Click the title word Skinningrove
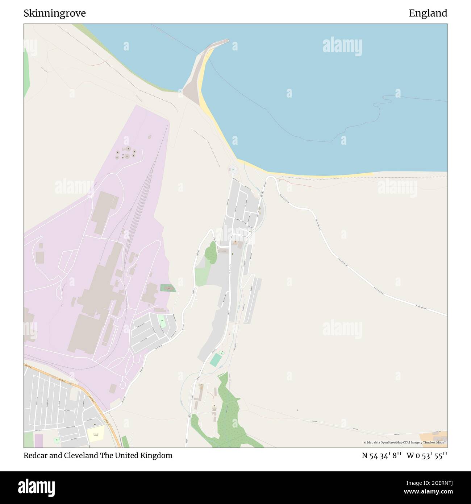pos(55,13)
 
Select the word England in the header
pos(428,13)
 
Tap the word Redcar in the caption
pos(35,455)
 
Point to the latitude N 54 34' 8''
pos(382,455)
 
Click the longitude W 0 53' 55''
pos(427,455)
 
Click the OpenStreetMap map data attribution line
pos(404,442)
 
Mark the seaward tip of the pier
pos(227,41)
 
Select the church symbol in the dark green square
pos(168,288)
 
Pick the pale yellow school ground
pos(96,433)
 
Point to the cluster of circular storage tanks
pos(125,153)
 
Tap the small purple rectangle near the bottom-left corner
pos(38,440)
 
